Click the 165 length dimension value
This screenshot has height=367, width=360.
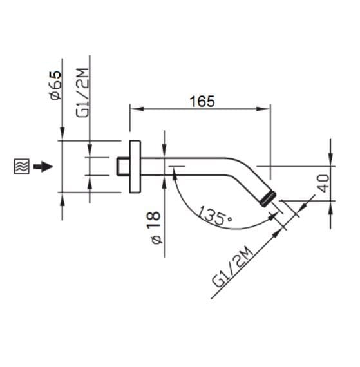[x=201, y=101]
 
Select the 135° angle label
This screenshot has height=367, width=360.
[x=215, y=214]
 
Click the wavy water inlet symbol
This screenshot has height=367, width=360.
[x=21, y=167]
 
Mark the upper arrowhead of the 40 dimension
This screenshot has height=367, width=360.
[x=330, y=158]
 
